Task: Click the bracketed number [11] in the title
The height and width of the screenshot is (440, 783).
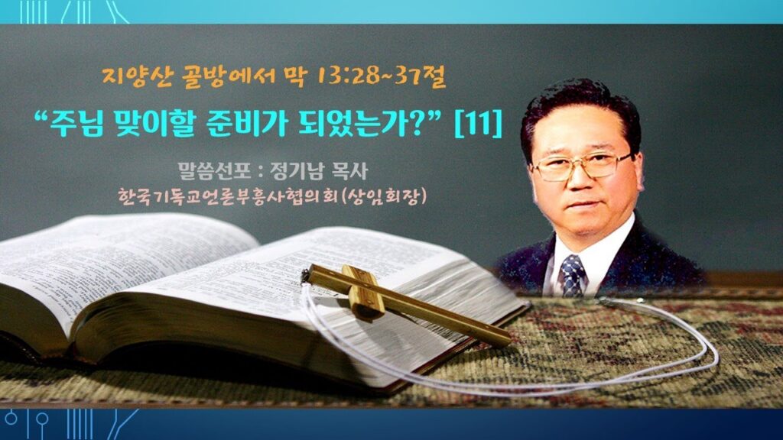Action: coord(478,123)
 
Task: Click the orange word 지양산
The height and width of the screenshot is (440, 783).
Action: coord(137,77)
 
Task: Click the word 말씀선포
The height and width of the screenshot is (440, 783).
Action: coord(214,171)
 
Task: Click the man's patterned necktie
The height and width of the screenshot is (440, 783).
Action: coord(572,275)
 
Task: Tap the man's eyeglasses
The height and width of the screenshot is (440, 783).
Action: coord(581,167)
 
